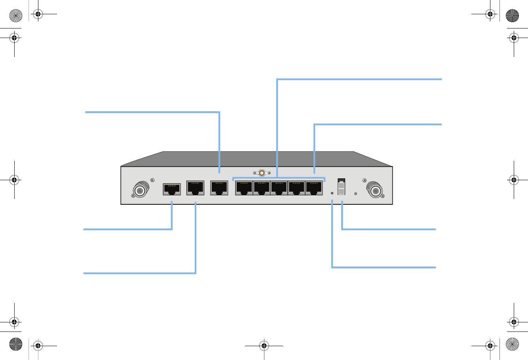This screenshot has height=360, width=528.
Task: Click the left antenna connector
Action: [x=140, y=190]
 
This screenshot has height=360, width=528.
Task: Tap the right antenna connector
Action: [x=375, y=190]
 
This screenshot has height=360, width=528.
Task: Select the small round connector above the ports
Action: [x=262, y=173]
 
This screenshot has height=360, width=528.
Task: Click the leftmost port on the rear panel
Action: [x=172, y=189]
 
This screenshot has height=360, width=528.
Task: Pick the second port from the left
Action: [x=195, y=188]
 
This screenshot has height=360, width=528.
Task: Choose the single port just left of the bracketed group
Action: [x=219, y=188]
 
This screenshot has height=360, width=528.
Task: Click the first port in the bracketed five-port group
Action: [x=244, y=188]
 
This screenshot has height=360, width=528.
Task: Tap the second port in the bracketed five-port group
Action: [x=262, y=188]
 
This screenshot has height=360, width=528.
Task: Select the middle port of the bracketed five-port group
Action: [x=279, y=188]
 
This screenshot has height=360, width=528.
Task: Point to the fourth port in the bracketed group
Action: [x=296, y=188]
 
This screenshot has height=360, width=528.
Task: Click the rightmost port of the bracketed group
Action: [x=314, y=188]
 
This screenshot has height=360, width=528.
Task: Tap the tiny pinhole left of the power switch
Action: [x=332, y=193]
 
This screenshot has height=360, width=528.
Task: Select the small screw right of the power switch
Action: [x=355, y=193]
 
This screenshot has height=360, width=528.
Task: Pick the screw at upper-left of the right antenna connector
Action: [x=364, y=181]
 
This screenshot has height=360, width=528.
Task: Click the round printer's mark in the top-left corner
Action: [x=15, y=15]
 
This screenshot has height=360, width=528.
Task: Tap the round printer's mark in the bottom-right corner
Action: [x=513, y=345]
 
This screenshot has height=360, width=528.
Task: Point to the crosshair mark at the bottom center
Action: [x=264, y=346]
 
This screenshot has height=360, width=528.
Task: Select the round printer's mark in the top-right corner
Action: [x=513, y=15]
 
